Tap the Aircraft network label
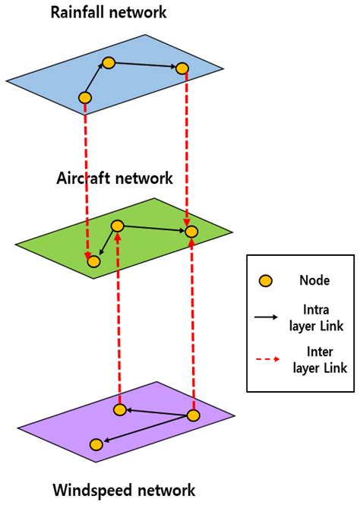(x=114, y=178)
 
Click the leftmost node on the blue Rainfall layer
(x=85, y=97)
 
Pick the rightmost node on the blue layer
(x=182, y=68)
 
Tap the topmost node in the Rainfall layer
(x=109, y=62)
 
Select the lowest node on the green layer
(x=93, y=261)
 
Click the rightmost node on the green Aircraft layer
(x=192, y=231)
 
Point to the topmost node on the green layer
(x=118, y=226)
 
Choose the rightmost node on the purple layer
(x=193, y=415)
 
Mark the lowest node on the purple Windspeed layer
(x=96, y=444)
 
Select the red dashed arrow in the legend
(x=267, y=360)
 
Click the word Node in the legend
(x=314, y=281)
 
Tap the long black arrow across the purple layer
(x=144, y=430)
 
